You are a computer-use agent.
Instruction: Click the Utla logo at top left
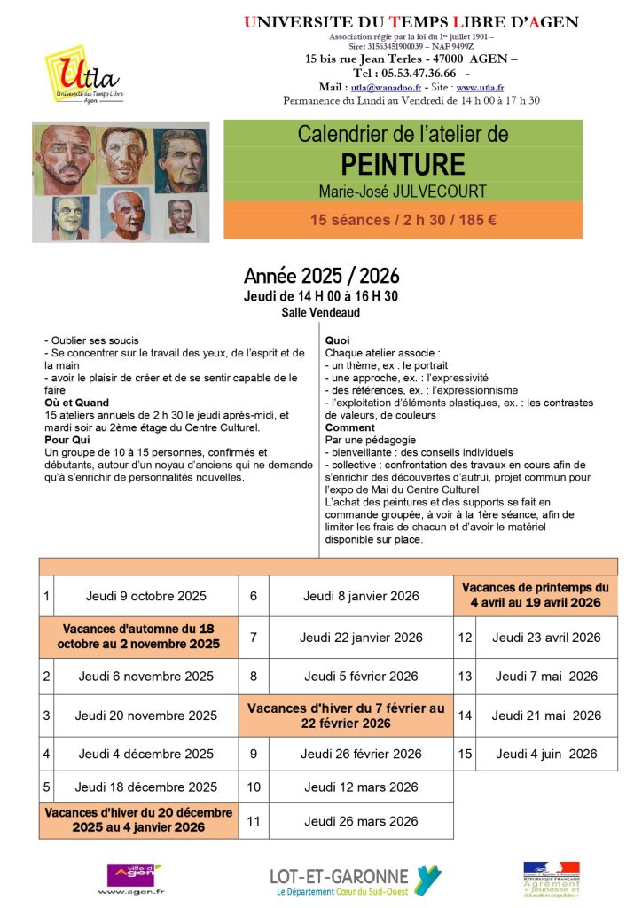pyautogui.click(x=82, y=75)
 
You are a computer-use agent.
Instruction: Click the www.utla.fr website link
pyautogui.click(x=480, y=88)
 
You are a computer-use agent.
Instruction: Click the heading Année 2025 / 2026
pyautogui.click(x=321, y=277)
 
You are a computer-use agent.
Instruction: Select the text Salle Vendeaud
pyautogui.click(x=321, y=312)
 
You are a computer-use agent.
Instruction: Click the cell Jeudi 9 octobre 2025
pyautogui.click(x=145, y=596)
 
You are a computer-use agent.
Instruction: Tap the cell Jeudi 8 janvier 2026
pyautogui.click(x=361, y=596)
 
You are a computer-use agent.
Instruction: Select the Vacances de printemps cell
pyautogui.click(x=536, y=595)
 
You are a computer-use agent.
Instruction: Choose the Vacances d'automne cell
pyautogui.click(x=138, y=636)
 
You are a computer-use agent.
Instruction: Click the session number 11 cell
pyautogui.click(x=254, y=821)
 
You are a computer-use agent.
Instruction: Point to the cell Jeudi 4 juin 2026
pyautogui.click(x=546, y=754)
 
